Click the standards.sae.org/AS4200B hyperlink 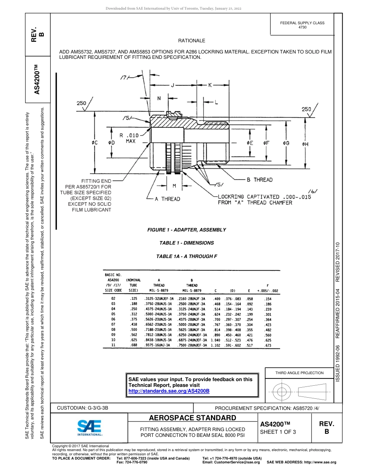(169, 391)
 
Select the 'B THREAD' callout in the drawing (259, 180)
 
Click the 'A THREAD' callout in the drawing (167, 199)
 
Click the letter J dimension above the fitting (173, 85)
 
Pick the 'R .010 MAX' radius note (129, 138)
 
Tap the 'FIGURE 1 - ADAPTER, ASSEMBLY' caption (187, 230)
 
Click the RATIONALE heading (192, 41)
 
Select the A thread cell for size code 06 (159, 319)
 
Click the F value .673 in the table (268, 346)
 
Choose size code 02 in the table (113, 298)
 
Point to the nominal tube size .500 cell (133, 330)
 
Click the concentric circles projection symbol (282, 391)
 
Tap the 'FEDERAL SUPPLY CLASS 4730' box (302, 25)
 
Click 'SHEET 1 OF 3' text (278, 432)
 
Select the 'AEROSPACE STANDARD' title (192, 418)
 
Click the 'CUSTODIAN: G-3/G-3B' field (85, 408)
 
